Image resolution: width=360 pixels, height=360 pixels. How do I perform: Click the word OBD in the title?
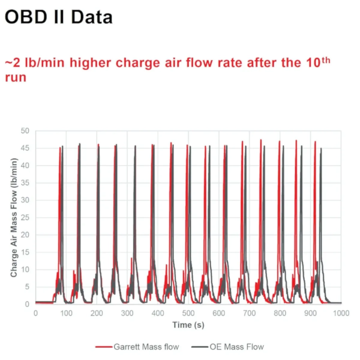coord(26,17)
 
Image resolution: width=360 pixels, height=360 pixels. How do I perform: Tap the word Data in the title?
coord(92,17)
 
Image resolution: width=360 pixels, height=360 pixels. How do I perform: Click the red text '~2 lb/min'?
coord(35,63)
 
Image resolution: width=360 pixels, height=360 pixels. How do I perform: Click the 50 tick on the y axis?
coord(25,131)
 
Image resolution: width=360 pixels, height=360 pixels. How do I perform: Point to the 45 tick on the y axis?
coord(25,148)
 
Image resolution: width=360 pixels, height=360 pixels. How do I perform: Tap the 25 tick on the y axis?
coord(25,217)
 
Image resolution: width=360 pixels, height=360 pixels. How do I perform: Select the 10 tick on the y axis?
coord(25,270)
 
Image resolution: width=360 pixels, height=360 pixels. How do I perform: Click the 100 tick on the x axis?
coord(66,313)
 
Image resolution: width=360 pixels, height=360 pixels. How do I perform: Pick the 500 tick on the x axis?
coord(188,313)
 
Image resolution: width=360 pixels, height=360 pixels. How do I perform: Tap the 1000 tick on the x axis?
coord(341,313)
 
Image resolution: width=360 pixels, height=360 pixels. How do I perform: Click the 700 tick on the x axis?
coord(249,313)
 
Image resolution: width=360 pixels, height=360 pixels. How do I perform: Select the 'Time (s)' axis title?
coord(188,325)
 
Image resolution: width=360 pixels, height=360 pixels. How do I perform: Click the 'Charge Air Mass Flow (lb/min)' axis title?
coord(14,217)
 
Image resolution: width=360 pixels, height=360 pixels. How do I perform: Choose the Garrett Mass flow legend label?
coord(146,347)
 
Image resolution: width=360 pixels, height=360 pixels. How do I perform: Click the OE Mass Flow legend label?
coord(237,347)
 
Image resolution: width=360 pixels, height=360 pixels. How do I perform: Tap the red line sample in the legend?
coord(104,347)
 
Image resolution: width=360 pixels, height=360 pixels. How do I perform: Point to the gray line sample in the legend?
coord(200,347)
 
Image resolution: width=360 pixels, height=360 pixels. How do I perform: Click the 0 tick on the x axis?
coord(36,313)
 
